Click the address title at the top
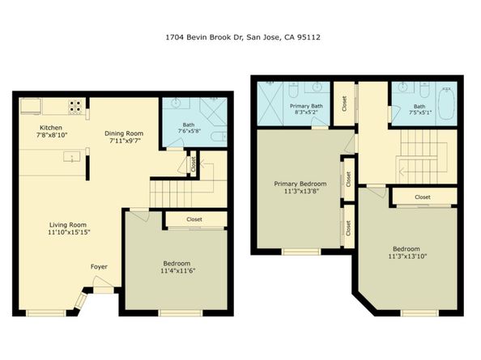tap(243, 37)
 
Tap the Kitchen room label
tap(51, 128)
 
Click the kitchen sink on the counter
tap(72, 157)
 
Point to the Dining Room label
tap(124, 133)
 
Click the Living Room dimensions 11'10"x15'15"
tap(69, 232)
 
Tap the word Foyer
tap(99, 267)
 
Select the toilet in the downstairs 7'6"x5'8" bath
tap(219, 137)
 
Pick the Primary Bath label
tap(306, 106)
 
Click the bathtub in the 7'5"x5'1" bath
tap(447, 104)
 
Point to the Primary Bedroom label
tap(300, 184)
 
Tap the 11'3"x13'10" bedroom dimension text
tap(407, 256)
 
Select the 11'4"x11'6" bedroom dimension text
tap(178, 271)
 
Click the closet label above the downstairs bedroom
tap(194, 219)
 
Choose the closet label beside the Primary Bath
tap(344, 104)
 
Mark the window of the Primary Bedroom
tap(301, 252)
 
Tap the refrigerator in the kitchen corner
tap(30, 106)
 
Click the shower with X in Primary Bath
tap(270, 104)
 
